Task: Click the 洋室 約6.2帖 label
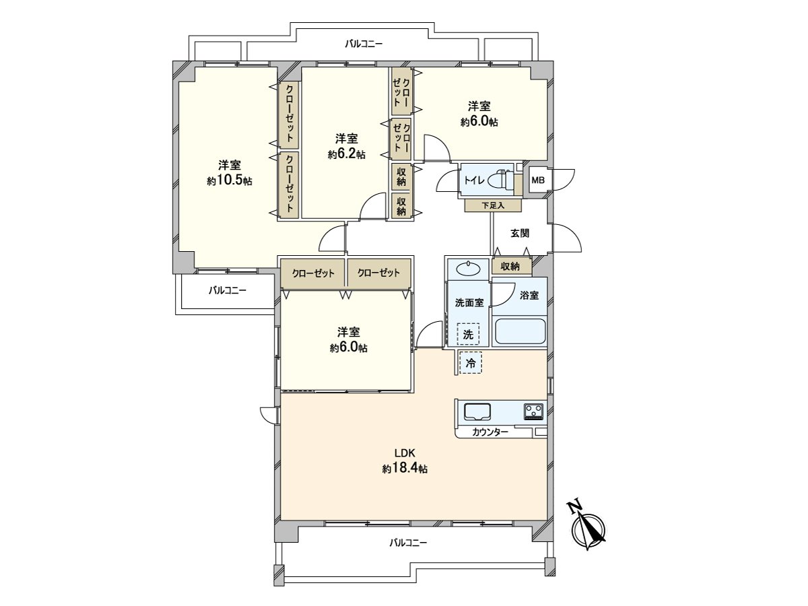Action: coord(347,146)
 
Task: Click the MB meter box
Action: coord(538,180)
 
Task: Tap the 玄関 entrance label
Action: coord(519,233)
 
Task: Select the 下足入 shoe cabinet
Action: coord(492,205)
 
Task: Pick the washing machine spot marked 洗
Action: coord(468,334)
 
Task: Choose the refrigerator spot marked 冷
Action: coord(471,363)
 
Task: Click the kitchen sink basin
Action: coord(477,411)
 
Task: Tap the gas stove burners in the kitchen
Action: coord(534,411)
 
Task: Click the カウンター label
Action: coord(490,432)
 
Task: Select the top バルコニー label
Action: coord(364,44)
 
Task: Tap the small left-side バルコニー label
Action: coord(227,291)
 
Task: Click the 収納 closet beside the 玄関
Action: coord(510,266)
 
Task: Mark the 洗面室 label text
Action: coord(469,302)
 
